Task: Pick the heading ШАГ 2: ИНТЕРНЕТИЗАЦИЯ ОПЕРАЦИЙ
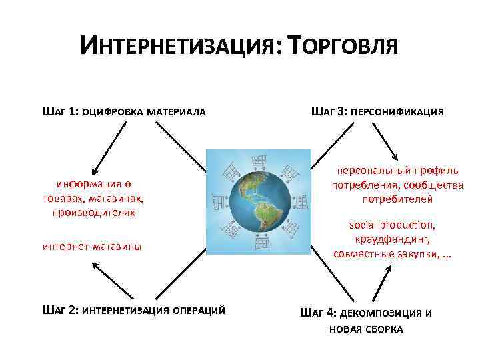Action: (x=133, y=311)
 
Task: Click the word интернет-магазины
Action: (x=91, y=247)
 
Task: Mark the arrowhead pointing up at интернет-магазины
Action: (x=93, y=265)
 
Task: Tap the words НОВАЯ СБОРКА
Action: (x=366, y=330)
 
